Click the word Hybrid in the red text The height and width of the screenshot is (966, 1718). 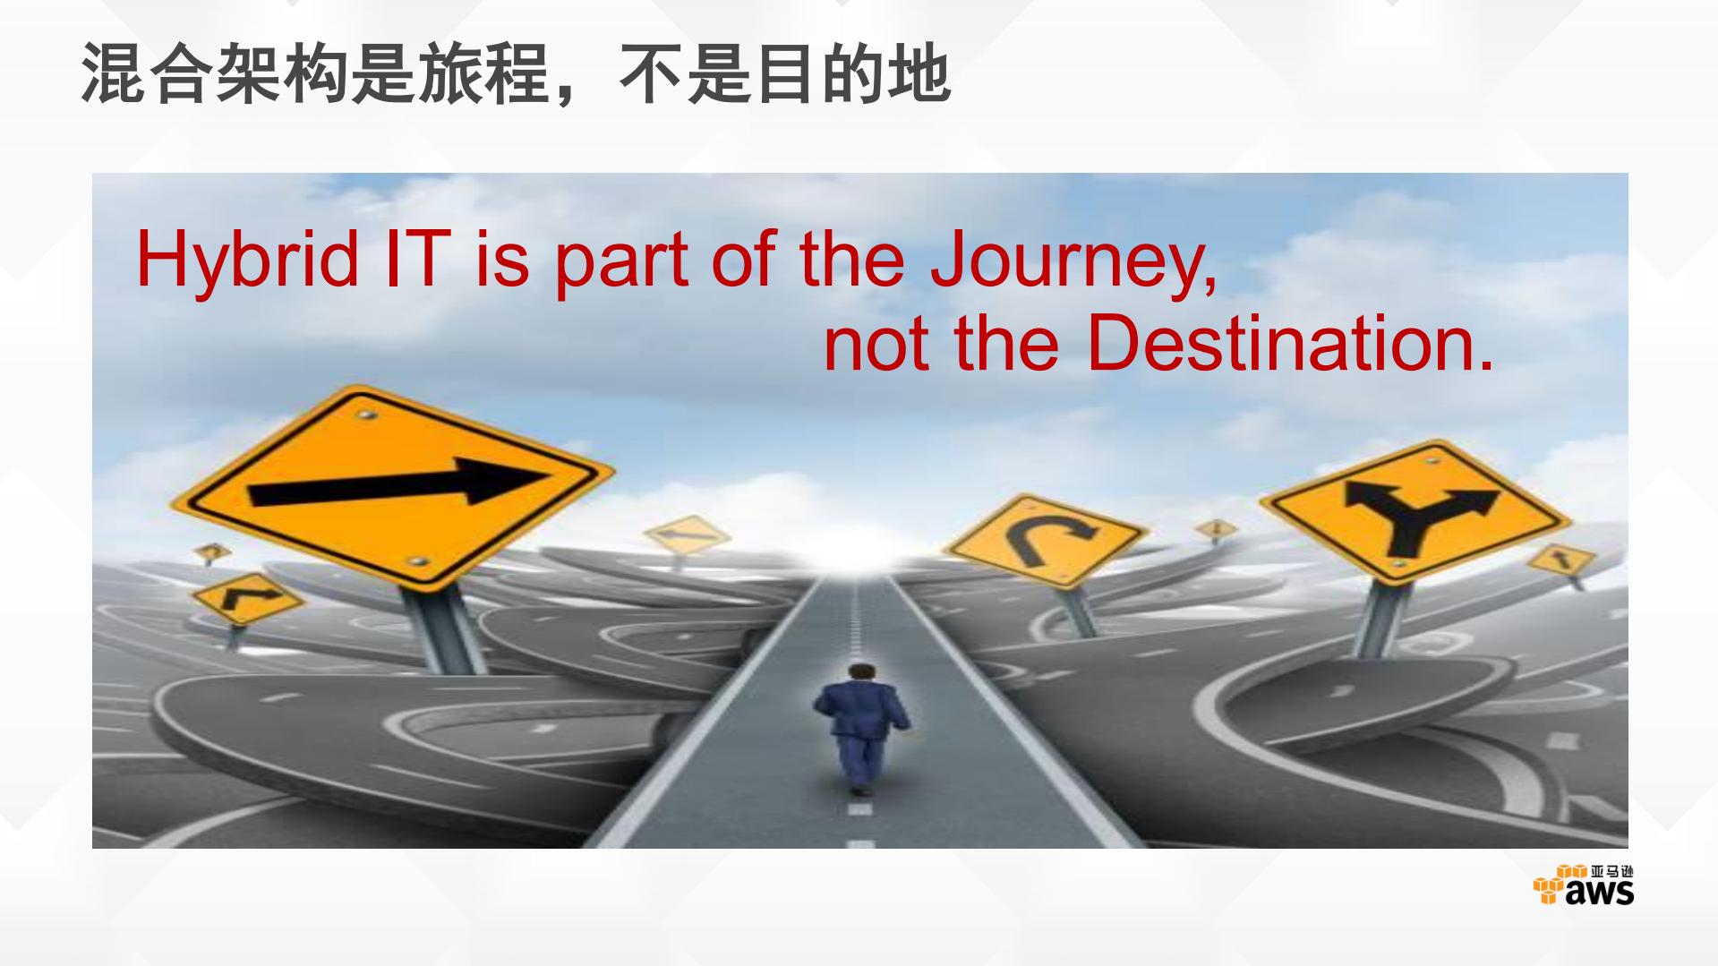click(x=247, y=261)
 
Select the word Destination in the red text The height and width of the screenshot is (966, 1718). click(x=1289, y=344)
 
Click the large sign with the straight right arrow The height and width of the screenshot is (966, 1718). click(x=394, y=488)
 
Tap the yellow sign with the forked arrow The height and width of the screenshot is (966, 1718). click(x=1415, y=510)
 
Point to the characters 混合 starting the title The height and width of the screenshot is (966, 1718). click(x=147, y=74)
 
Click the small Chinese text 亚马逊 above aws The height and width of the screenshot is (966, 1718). click(x=1611, y=871)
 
